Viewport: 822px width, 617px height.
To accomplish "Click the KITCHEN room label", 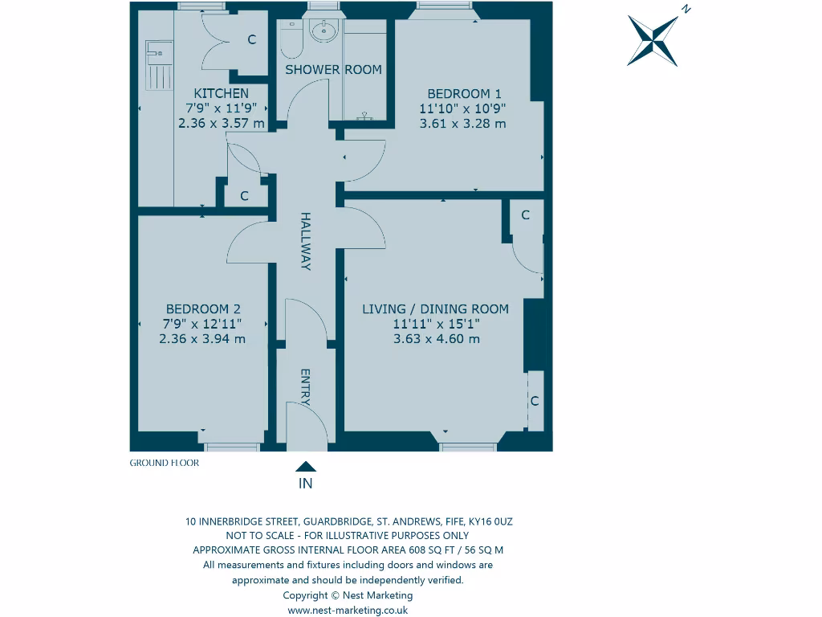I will tap(221, 93).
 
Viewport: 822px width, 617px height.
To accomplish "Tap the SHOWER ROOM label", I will tap(333, 70).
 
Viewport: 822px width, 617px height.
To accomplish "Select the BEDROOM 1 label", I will tap(464, 93).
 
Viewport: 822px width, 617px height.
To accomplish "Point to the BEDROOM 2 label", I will tap(203, 308).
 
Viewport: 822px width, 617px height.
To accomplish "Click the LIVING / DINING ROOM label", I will tap(435, 308).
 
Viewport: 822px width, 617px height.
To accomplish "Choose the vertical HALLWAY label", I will tap(305, 241).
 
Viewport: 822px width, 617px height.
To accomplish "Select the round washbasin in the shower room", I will tap(324, 32).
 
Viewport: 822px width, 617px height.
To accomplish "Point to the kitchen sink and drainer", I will tap(157, 68).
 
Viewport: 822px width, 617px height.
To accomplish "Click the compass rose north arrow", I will tap(653, 39).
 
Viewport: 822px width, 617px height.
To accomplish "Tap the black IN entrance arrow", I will tap(305, 467).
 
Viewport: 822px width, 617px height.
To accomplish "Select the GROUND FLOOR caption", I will tap(164, 463).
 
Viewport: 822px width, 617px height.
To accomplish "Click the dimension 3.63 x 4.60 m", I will tap(436, 339).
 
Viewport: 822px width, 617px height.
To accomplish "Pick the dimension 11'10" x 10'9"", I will tap(462, 108).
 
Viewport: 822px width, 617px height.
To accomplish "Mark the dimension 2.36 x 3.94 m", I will tap(202, 339).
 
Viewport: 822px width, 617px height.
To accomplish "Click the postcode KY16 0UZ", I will tap(490, 521).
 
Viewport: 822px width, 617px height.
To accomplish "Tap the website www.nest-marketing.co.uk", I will tap(348, 610).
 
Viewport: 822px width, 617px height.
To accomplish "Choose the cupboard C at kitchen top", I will tap(251, 39).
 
